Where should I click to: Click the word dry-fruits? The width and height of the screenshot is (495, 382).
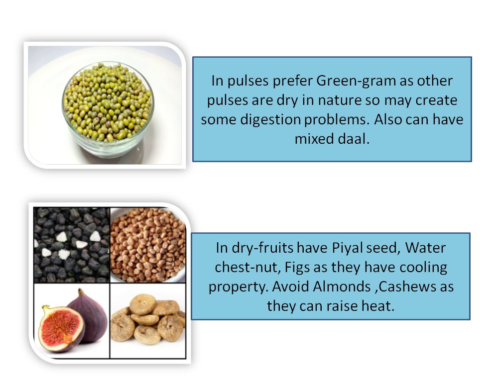(263, 248)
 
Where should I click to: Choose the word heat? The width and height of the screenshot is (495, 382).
(379, 306)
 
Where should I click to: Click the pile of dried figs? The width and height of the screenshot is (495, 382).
(148, 321)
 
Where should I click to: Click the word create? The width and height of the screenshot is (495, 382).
(433, 100)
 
